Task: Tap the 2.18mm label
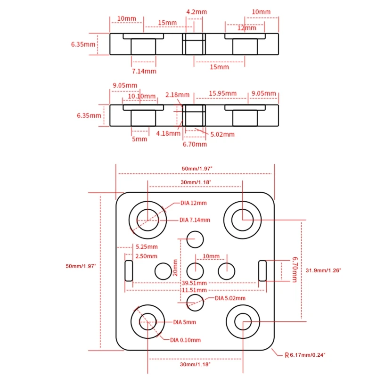pyautogui.click(x=178, y=95)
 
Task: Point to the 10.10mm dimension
pyautogui.click(x=142, y=97)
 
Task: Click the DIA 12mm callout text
pyautogui.click(x=193, y=203)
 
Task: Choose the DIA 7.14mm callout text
pyautogui.click(x=195, y=220)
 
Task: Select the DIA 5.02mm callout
pyautogui.click(x=230, y=298)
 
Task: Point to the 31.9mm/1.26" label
pyautogui.click(x=323, y=270)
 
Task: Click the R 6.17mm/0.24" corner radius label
pyautogui.click(x=304, y=354)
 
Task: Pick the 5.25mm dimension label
pyautogui.click(x=147, y=246)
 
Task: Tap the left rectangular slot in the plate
pyautogui.click(x=128, y=270)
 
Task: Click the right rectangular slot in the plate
pyautogui.click(x=263, y=270)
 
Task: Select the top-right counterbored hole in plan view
pyautogui.click(x=243, y=220)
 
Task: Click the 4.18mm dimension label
pyautogui.click(x=168, y=133)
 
